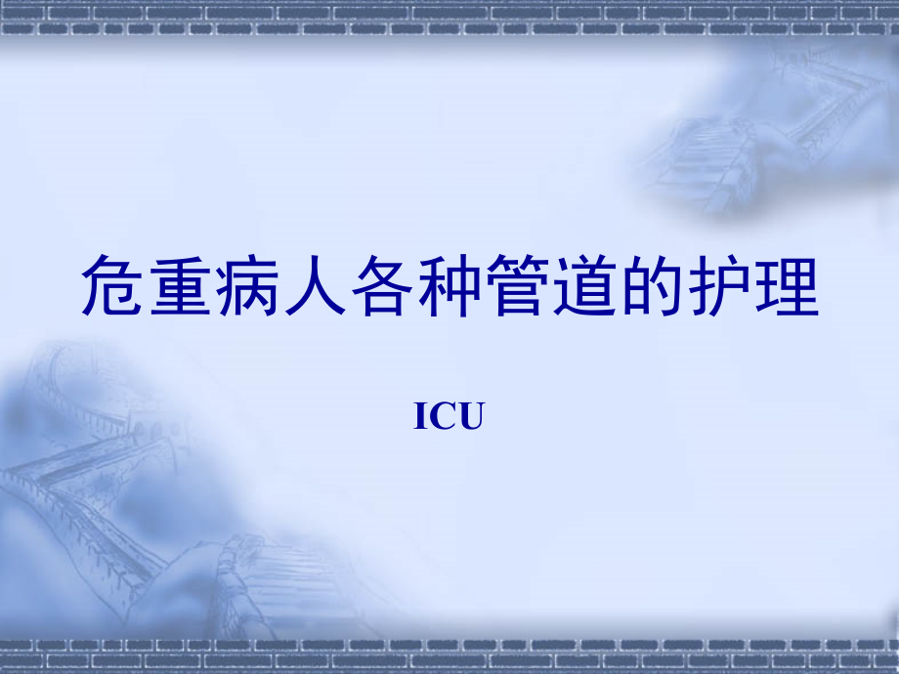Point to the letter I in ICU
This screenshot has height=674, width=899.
[421, 418]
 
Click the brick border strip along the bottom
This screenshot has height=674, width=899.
[449, 653]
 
